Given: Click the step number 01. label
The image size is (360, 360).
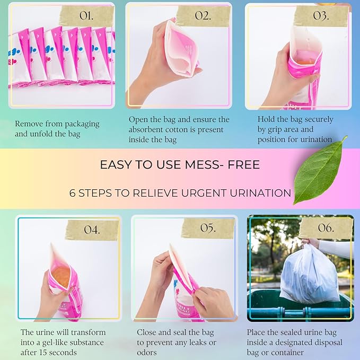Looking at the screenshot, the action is tap(86, 15).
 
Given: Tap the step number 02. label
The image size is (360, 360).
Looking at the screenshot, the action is tap(203, 15).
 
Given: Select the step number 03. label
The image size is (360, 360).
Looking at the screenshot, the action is tap(321, 15).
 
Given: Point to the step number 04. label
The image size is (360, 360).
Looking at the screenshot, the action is tap(92, 230).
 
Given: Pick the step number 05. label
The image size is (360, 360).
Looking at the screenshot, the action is tap(208, 228).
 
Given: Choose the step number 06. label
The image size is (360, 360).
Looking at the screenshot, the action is tap(326, 227).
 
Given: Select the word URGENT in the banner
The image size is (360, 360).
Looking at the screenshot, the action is tap(204, 193).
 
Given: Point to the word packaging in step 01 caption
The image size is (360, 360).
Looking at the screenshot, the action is tap(82, 124).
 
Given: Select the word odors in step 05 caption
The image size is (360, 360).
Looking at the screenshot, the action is tap(147, 352).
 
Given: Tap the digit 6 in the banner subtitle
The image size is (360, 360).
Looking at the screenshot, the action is tap(72, 193).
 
